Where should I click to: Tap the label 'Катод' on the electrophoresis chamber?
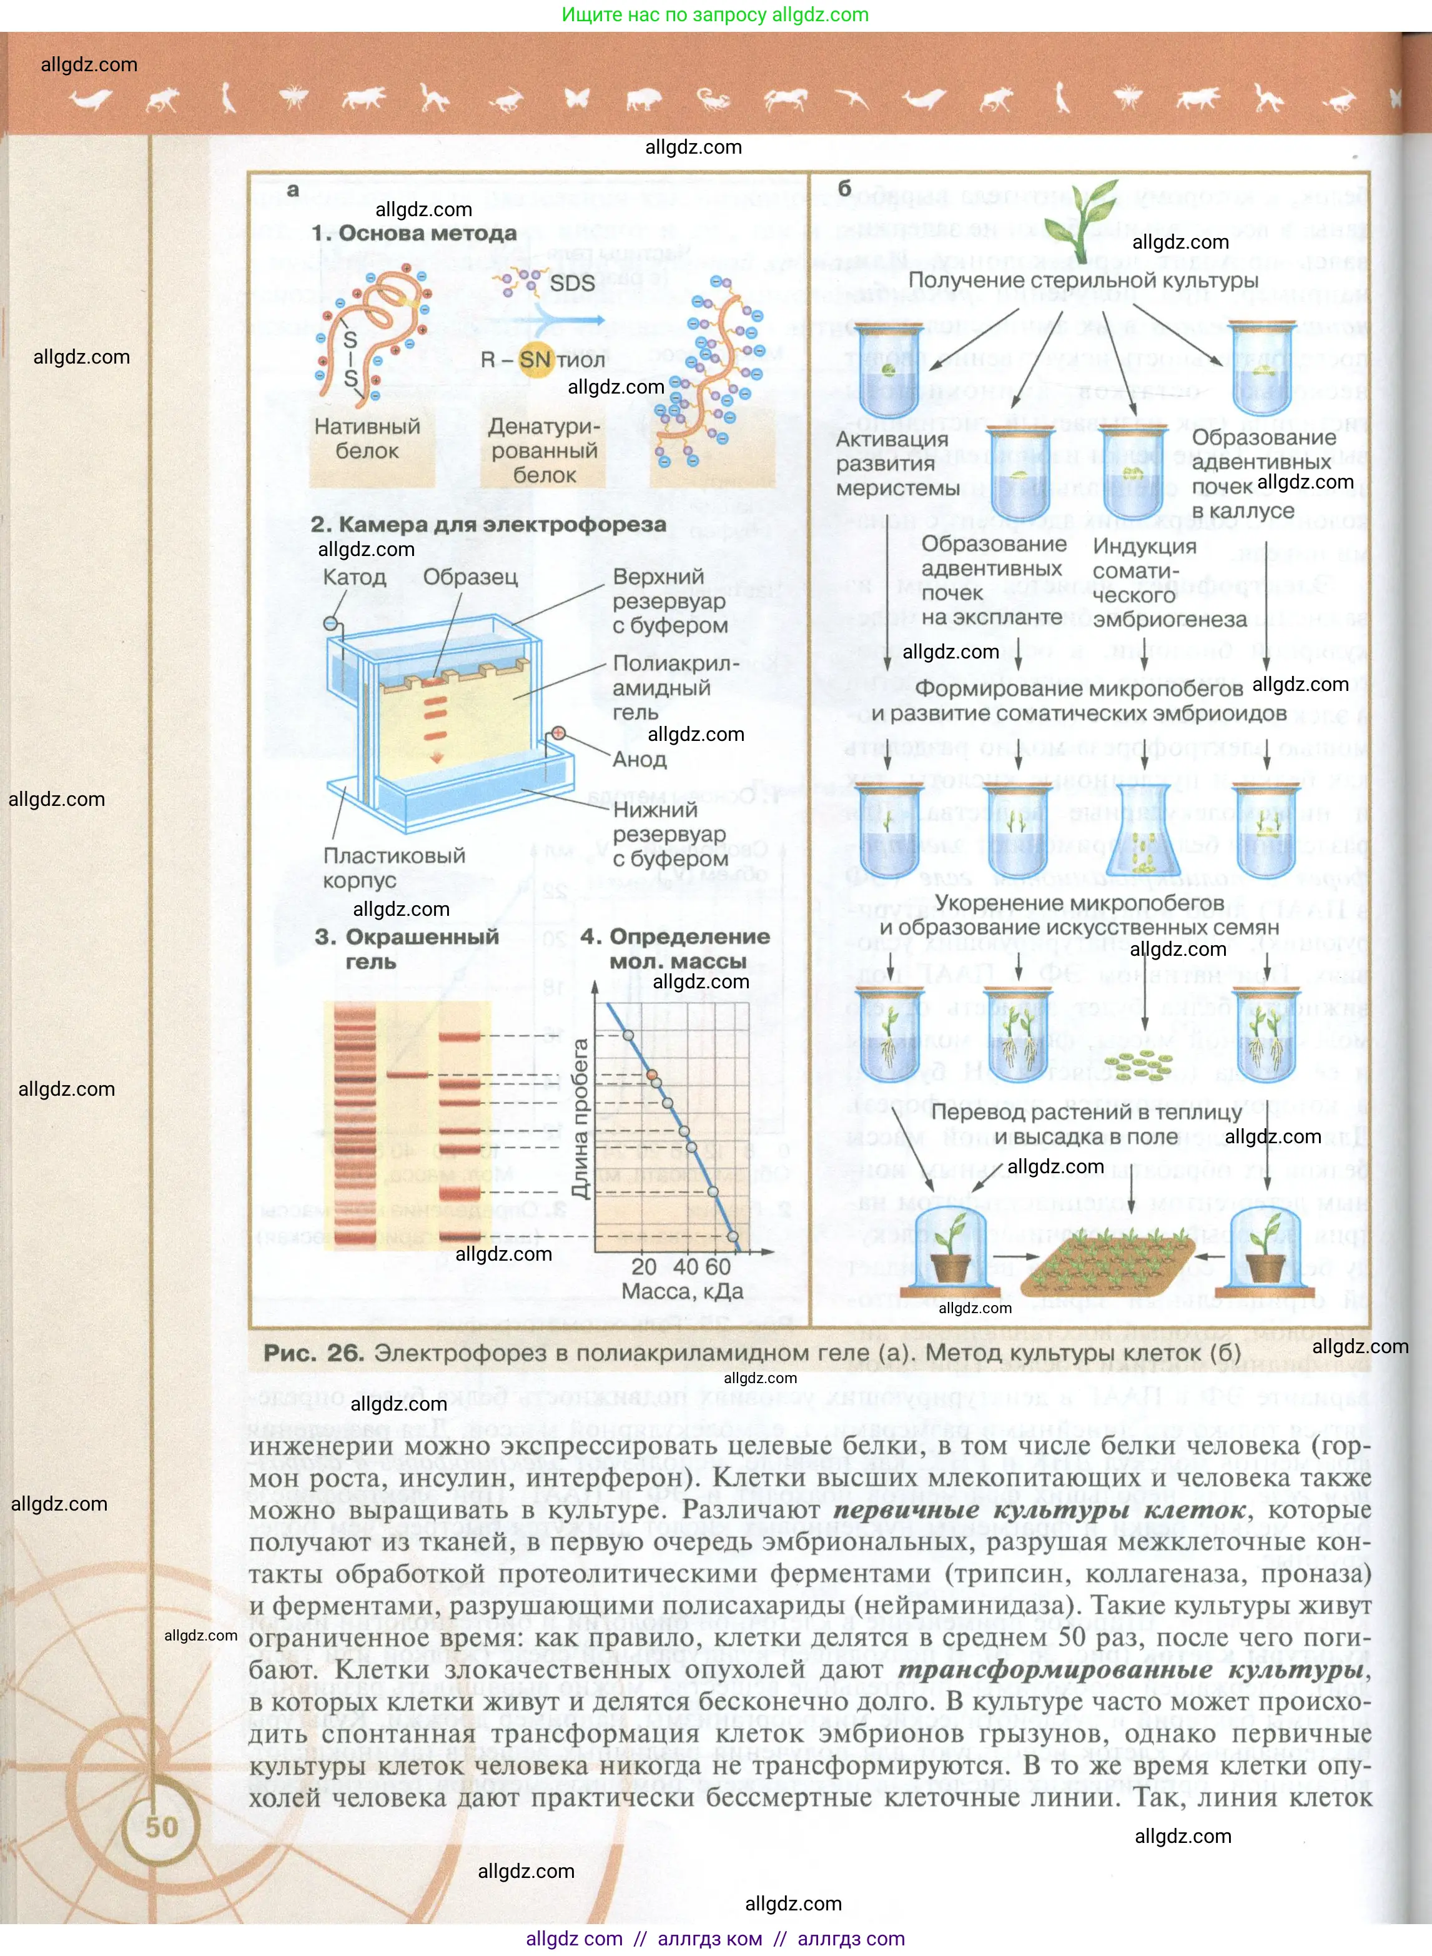353,577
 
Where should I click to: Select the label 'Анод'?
639,760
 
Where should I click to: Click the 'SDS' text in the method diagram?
572,282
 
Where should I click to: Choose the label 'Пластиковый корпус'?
393,867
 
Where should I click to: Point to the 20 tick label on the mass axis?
643,1267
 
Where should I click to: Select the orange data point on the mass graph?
654,1075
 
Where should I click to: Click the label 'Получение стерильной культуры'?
1083,280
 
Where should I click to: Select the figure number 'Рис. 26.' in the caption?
313,1353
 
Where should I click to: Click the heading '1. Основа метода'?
414,233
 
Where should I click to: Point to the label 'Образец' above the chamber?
470,577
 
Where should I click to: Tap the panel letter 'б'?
844,188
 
